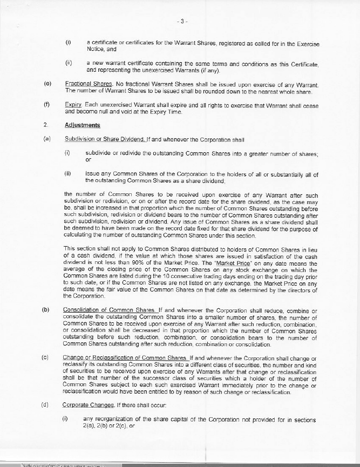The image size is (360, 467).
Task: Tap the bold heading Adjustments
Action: [x=82, y=125]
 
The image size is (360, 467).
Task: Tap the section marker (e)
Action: [x=47, y=84]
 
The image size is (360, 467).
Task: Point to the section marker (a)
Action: [x=47, y=139]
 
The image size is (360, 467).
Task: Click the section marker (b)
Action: [x=47, y=310]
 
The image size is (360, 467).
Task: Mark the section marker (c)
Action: [x=47, y=357]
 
